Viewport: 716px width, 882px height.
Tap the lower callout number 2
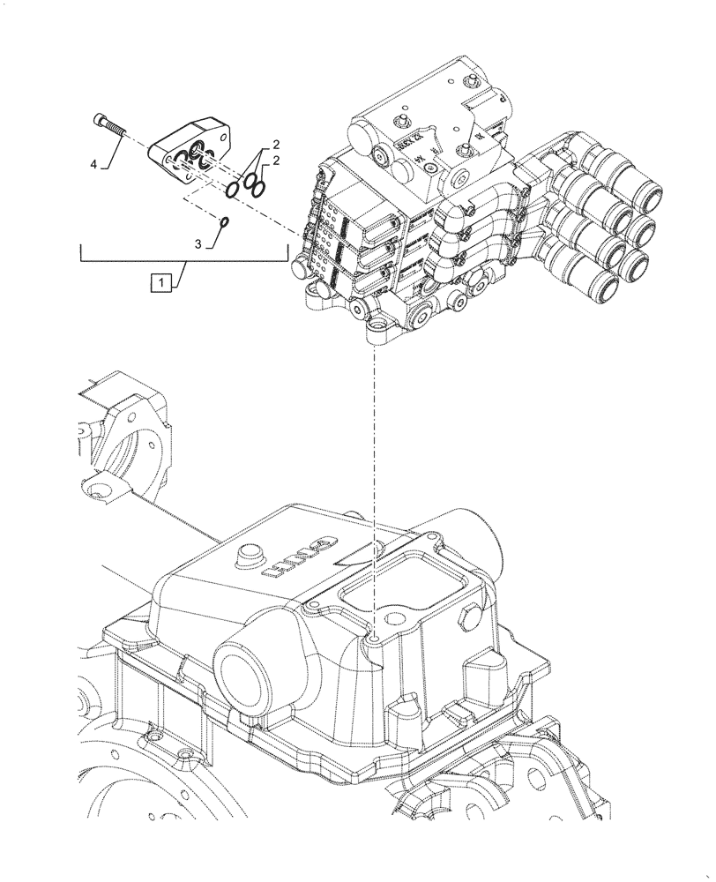click(x=275, y=159)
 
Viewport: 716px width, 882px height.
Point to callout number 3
click(x=199, y=242)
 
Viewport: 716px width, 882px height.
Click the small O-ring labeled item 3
click(x=225, y=221)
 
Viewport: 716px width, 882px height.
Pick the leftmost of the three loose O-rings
click(x=235, y=190)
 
